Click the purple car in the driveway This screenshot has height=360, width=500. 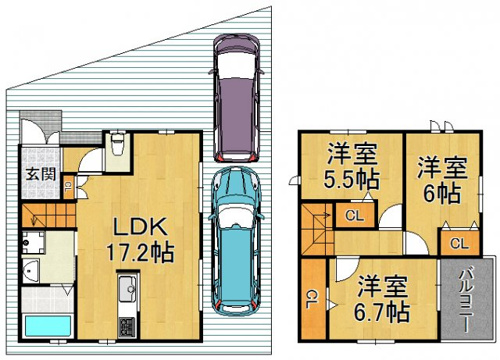click(236, 97)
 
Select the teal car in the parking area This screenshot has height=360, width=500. click(236, 241)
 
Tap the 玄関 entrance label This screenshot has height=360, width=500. click(41, 174)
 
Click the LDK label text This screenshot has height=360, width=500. click(140, 227)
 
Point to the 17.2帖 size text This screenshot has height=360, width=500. click(140, 253)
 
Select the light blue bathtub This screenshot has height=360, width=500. click(48, 326)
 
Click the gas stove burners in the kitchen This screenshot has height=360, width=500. click(128, 327)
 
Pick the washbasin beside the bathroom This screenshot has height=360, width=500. click(31, 271)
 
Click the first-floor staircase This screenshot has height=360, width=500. click(49, 215)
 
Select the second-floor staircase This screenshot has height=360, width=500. click(317, 229)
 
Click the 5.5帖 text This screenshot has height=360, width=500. click(352, 180)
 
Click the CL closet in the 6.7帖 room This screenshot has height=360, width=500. click(314, 298)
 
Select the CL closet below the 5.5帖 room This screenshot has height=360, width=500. click(355, 215)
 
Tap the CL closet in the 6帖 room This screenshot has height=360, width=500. click(460, 243)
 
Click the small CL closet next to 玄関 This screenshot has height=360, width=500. click(68, 187)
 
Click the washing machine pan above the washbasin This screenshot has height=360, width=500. click(33, 242)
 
